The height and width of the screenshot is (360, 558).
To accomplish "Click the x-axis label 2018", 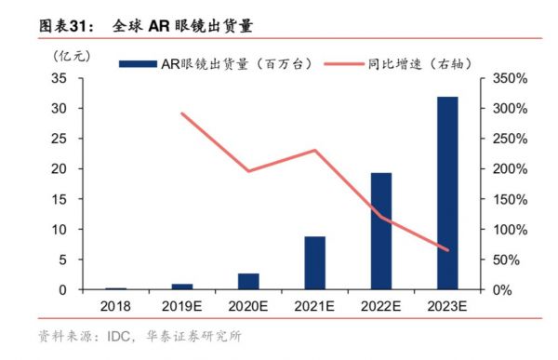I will coord(116,305).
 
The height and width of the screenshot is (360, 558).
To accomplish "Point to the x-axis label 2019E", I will coord(182,305).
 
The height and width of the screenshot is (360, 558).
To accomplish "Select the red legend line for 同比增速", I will coord(354,63).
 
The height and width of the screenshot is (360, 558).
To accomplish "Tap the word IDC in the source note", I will coord(115,336).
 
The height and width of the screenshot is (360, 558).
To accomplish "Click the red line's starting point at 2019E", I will coord(182,113).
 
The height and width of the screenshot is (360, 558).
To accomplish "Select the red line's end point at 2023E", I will coord(447,250).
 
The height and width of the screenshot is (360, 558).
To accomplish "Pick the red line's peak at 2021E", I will coord(314,150).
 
